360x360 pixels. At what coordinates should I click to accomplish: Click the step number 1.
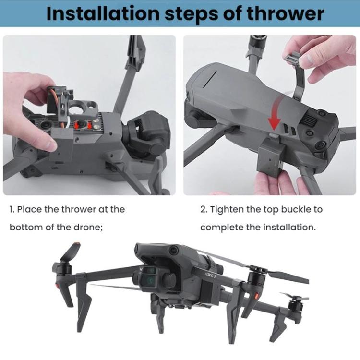pos(12,209)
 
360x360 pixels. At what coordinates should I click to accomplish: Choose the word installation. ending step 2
pos(288,227)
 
